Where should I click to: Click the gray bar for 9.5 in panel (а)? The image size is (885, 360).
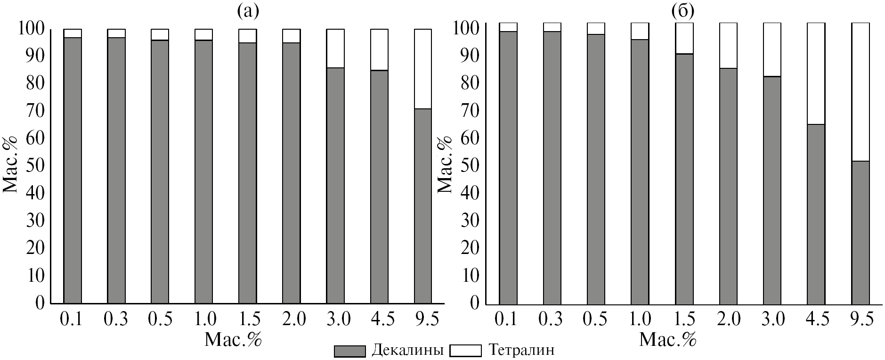click(422, 205)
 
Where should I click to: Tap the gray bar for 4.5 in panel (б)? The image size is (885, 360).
click(816, 213)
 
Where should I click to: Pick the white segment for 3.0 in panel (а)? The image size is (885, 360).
click(335, 49)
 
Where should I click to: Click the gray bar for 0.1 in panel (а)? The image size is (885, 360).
click(73, 170)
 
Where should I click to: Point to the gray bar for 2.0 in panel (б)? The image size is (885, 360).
click(728, 185)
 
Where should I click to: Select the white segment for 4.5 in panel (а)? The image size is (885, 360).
click(379, 49)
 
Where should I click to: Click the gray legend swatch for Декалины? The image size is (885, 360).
click(349, 351)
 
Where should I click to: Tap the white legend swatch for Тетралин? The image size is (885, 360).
click(465, 351)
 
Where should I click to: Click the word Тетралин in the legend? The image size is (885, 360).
click(521, 351)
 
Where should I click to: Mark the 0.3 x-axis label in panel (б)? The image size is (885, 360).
click(552, 319)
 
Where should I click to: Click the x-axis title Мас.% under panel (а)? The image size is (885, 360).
click(233, 340)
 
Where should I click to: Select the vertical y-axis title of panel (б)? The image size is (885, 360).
click(446, 164)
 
